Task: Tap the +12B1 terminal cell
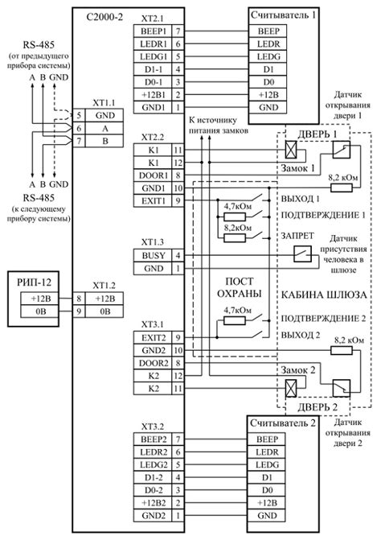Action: (x=152, y=93)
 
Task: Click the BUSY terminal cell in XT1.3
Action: (x=152, y=254)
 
